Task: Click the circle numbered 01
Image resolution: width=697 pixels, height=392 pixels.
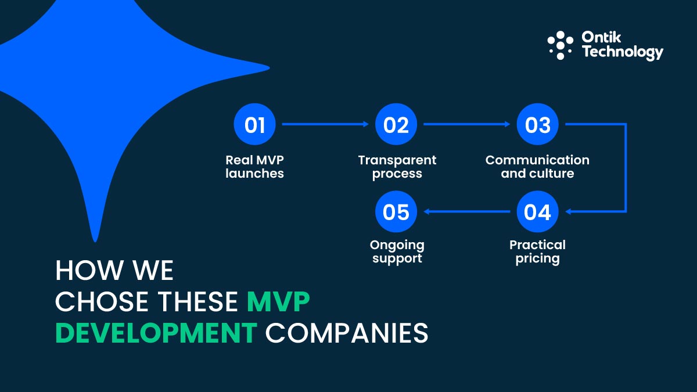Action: [254, 124]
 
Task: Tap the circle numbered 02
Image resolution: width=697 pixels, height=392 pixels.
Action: [396, 124]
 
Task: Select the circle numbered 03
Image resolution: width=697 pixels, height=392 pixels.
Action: [538, 124]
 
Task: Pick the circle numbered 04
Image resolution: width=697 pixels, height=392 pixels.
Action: [538, 212]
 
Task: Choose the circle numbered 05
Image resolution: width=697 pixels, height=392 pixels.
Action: [396, 212]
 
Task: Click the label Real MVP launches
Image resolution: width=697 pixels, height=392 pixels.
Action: [254, 167]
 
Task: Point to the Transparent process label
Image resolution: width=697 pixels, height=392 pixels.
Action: [397, 167]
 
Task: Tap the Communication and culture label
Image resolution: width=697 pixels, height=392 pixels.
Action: [537, 167]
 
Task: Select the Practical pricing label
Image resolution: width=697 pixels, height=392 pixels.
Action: [537, 251]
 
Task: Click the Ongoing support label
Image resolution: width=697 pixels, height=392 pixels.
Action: [397, 251]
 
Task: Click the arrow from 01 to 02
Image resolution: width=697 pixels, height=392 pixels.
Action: [325, 124]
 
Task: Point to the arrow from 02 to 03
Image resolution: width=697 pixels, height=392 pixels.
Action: [467, 124]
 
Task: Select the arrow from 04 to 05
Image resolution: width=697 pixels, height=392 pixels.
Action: [467, 212]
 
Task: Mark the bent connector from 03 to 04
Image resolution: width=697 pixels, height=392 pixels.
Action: [626, 168]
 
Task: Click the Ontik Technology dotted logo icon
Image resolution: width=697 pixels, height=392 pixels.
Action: [560, 45]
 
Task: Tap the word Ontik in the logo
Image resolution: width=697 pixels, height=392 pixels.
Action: [602, 38]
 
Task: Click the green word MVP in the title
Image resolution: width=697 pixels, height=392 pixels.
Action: [278, 302]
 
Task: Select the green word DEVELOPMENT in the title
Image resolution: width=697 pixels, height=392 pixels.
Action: [156, 333]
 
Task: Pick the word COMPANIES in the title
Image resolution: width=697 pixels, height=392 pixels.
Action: [347, 333]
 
